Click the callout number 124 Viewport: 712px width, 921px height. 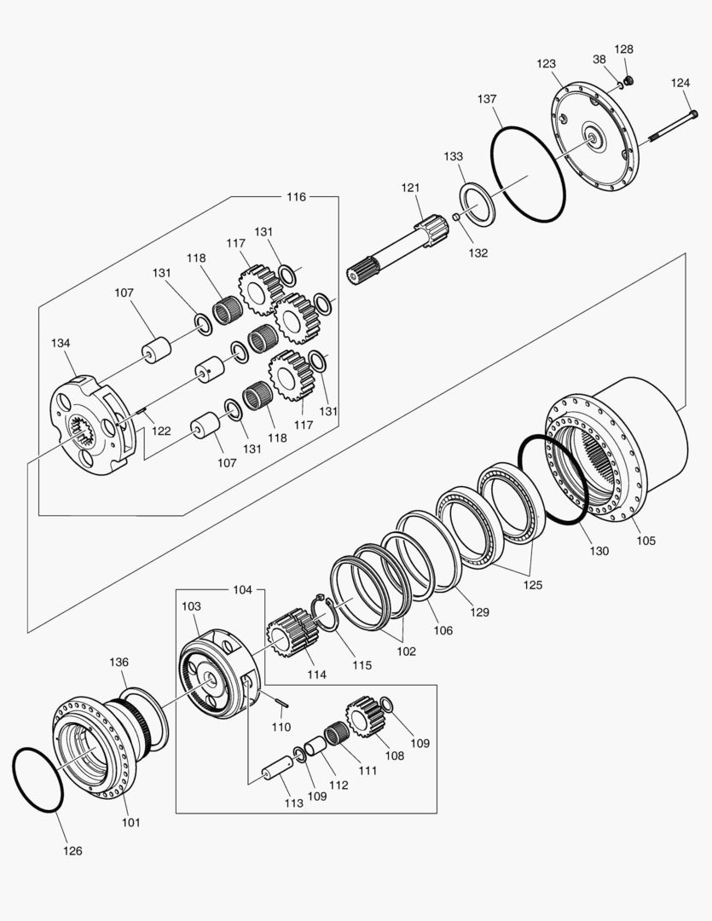click(680, 83)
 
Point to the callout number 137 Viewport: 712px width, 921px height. click(487, 100)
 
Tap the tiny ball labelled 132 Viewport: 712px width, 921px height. click(457, 218)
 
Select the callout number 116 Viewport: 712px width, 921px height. click(295, 197)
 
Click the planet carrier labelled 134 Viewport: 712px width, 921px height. click(89, 427)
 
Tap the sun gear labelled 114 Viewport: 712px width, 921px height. click(291, 635)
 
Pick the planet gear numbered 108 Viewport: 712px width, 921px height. click(365, 716)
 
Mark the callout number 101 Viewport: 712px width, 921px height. click(130, 823)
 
